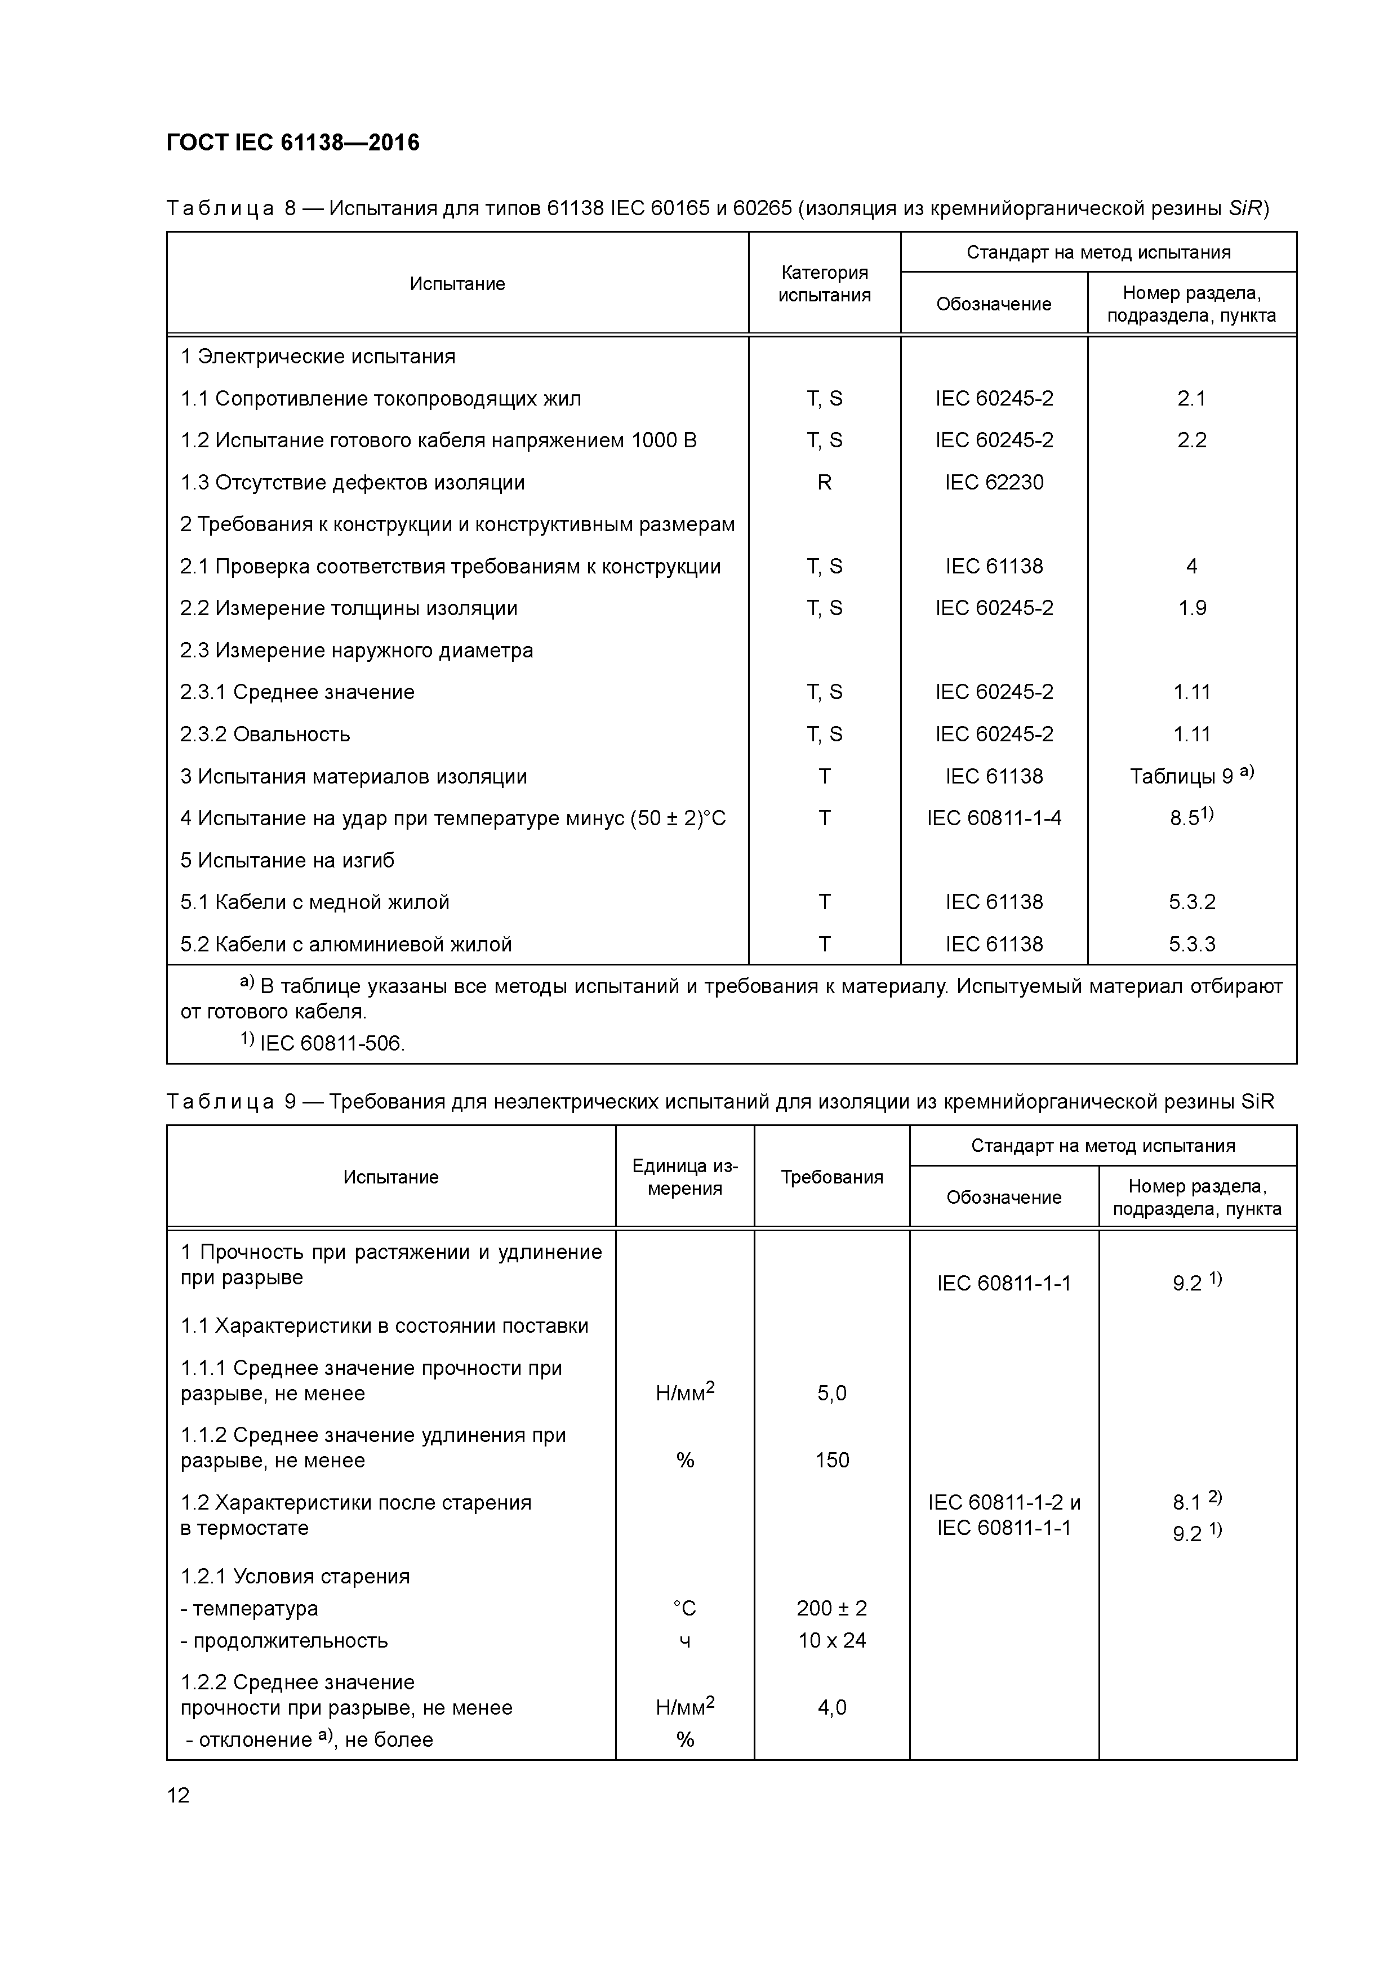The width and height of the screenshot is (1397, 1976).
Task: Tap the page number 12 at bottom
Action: (178, 1795)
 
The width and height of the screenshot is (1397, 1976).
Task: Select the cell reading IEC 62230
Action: (994, 483)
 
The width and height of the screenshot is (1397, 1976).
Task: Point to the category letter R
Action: (824, 483)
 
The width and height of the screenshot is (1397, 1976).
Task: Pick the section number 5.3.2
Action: (1191, 902)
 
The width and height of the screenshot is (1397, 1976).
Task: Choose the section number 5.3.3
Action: (1191, 944)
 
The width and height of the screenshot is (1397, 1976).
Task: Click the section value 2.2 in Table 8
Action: (1191, 440)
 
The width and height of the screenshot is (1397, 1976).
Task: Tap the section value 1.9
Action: (1191, 608)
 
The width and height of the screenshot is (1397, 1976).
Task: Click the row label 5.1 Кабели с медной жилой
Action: (315, 902)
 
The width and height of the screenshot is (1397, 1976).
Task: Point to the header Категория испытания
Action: (824, 284)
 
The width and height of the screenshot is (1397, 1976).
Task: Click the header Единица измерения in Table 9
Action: (684, 1177)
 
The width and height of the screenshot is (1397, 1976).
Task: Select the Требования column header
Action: (831, 1177)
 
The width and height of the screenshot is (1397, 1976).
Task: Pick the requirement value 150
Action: (831, 1461)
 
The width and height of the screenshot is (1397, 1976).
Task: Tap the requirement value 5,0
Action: (831, 1394)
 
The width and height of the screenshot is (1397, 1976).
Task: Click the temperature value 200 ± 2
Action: (831, 1609)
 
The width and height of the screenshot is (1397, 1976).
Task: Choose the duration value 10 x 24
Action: (831, 1640)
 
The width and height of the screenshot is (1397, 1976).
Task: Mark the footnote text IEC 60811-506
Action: (331, 1044)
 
